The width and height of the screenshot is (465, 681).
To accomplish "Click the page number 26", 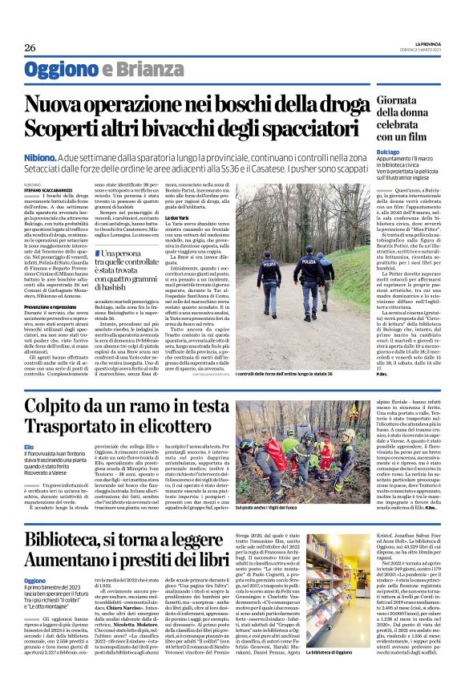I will pos(30,48).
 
